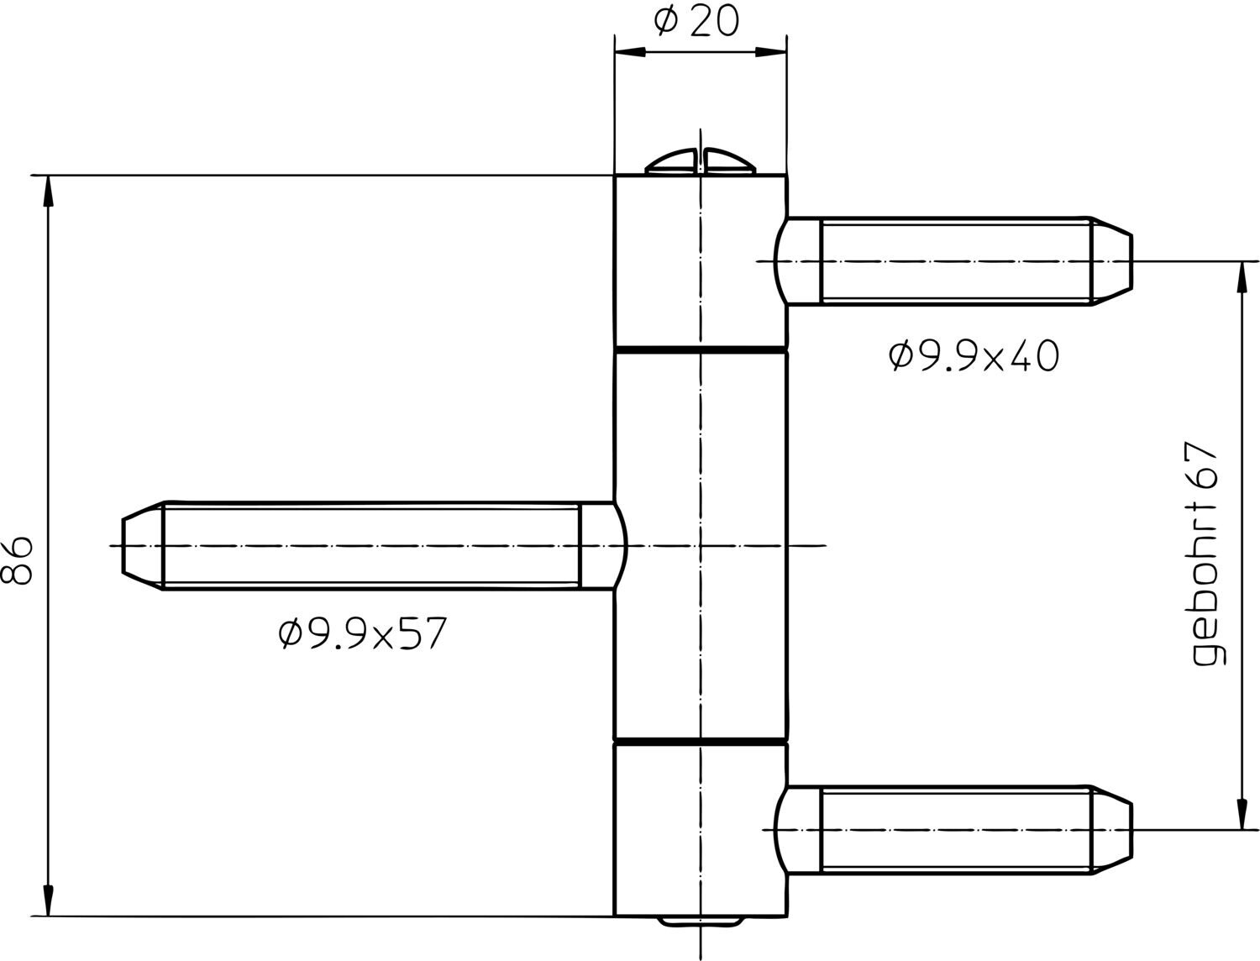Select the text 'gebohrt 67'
pos(1206,554)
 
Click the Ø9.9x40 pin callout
pos(974,355)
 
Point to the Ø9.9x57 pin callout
pos(362,633)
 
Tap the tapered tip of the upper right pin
pos(1110,262)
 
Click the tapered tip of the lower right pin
pos(1110,830)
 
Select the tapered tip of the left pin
pos(142,546)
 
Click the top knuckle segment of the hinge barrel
pos(700,261)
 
